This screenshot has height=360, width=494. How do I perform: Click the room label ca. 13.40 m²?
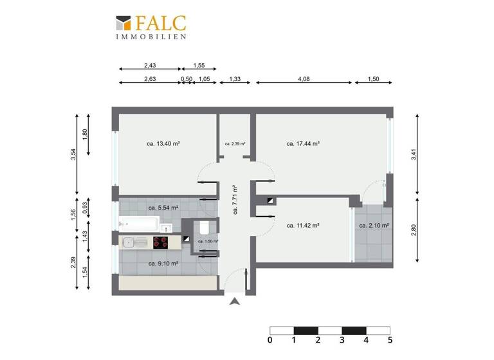(163, 144)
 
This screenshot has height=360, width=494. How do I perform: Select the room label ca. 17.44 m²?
(304, 144)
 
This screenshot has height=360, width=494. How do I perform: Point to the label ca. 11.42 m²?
(304, 226)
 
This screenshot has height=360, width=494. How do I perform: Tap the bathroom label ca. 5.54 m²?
(163, 208)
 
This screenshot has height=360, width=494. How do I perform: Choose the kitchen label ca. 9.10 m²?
(163, 263)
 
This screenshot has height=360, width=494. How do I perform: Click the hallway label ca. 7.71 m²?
(235, 199)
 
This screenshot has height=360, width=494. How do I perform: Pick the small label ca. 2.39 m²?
(235, 144)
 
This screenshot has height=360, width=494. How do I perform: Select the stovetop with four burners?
(160, 242)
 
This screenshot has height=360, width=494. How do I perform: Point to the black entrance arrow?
(235, 301)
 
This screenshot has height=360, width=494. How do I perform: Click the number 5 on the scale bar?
(389, 340)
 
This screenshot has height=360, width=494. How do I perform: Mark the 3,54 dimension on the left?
(73, 155)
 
